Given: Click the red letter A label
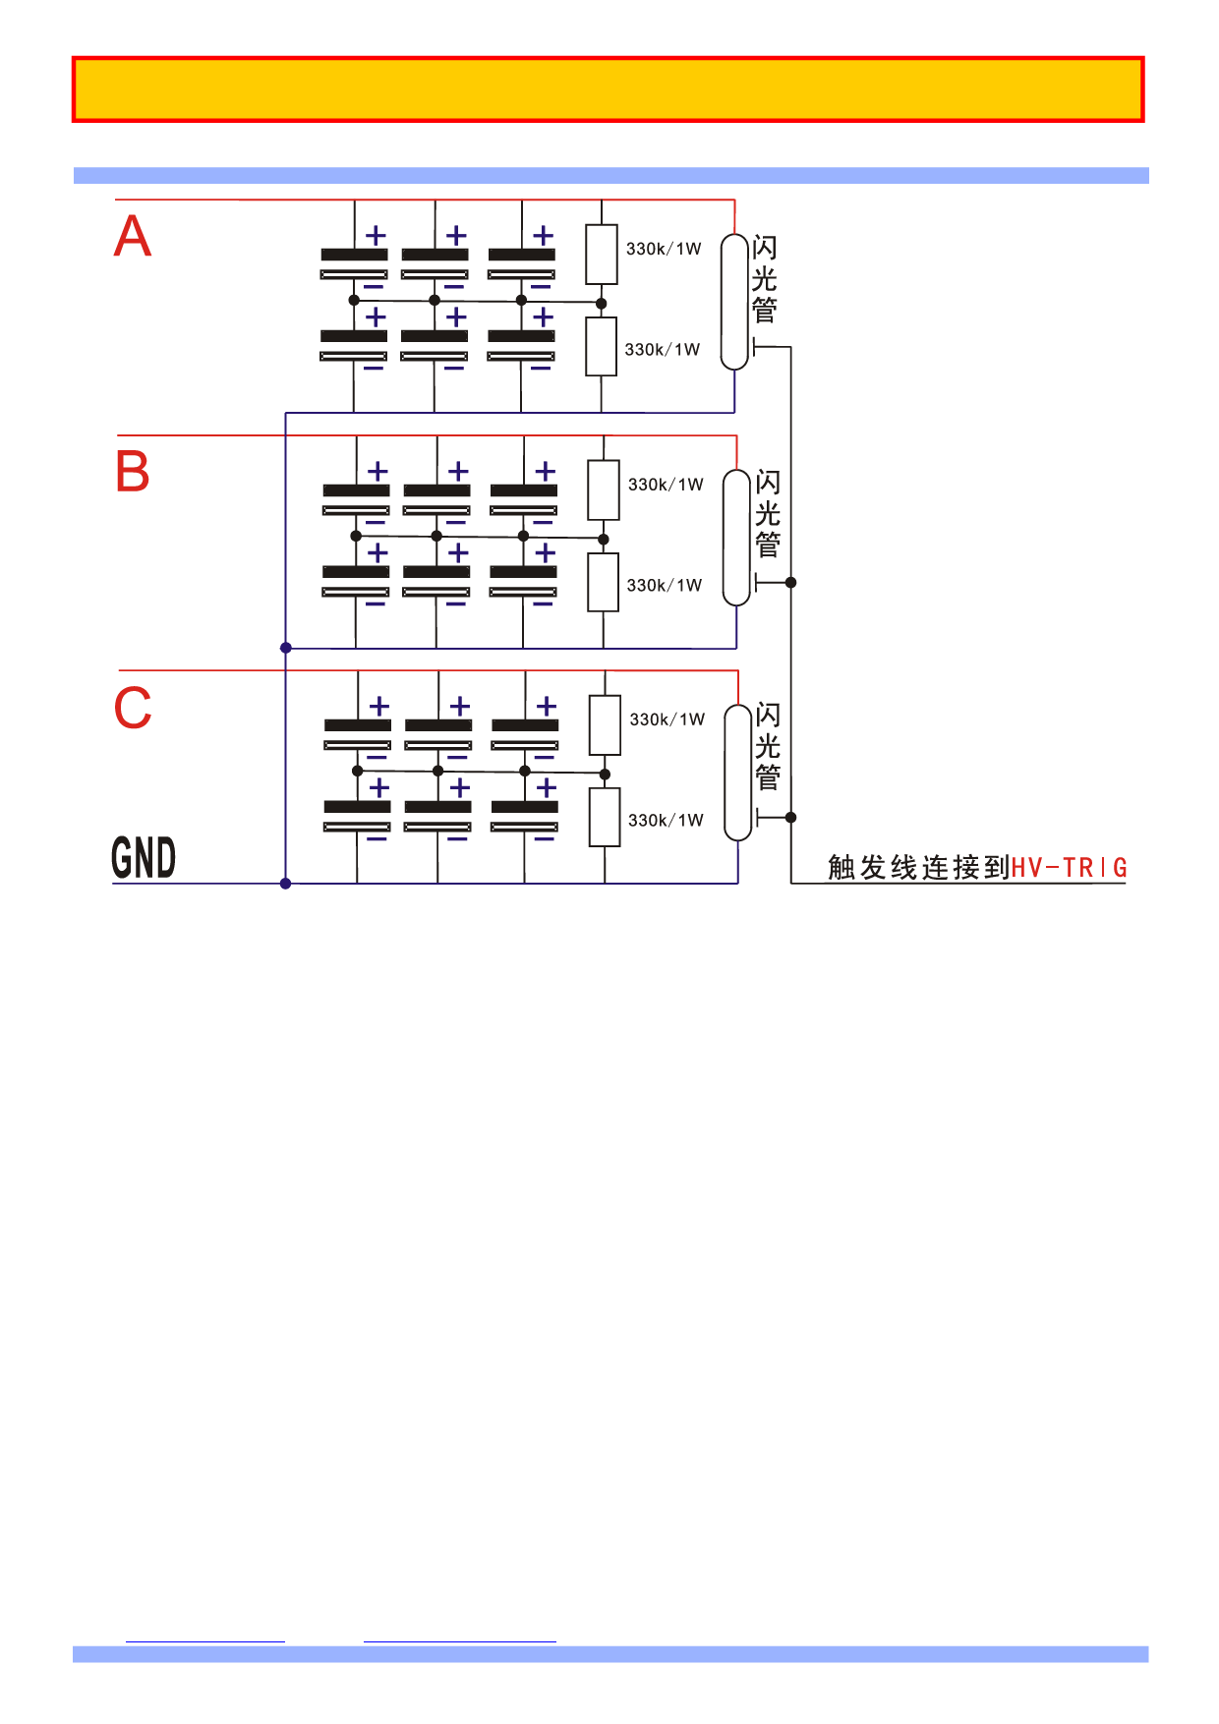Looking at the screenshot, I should tap(133, 237).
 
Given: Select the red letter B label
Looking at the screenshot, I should tap(133, 472).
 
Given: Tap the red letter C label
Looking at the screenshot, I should tap(133, 708).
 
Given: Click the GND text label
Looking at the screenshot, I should tap(144, 858).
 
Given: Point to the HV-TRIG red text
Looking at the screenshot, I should tap(1069, 868).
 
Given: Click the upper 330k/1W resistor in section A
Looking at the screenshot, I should tap(602, 255).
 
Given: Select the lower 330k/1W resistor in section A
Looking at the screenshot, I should tap(602, 346).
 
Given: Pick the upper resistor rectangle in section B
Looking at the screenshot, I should tap(604, 489).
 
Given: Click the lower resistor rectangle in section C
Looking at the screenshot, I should tap(605, 817).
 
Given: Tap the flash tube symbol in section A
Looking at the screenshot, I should tap(734, 302).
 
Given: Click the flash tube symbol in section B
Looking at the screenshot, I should tap(736, 538).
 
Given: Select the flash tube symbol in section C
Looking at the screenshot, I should tap(738, 773).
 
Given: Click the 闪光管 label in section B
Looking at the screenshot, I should tap(768, 513).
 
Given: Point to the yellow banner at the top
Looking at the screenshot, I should tap(609, 89).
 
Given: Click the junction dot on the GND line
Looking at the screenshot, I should tap(286, 884).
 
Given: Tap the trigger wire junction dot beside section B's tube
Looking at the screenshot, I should tap(790, 583).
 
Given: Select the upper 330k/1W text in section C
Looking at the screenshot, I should tap(667, 719).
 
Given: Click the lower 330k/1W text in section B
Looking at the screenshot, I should tap(665, 586).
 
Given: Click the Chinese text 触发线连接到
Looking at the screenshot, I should tap(918, 868).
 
